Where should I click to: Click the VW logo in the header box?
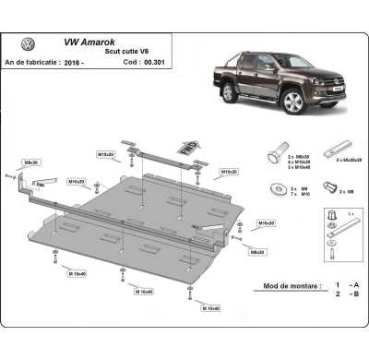(x=28, y=44)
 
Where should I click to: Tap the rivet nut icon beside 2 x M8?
(x=328, y=189)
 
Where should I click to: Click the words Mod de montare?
(x=277, y=286)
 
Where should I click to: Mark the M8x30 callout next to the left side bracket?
(x=31, y=162)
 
